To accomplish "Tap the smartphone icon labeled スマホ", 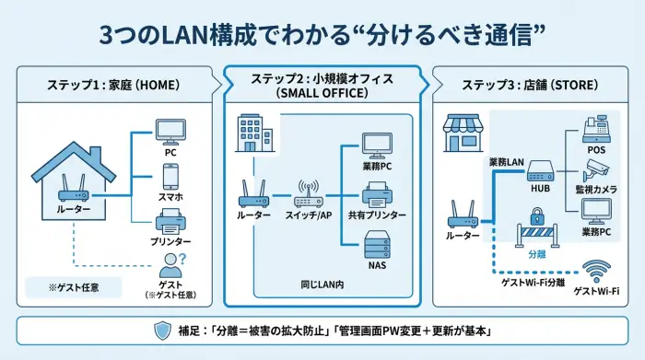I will tap(170, 175).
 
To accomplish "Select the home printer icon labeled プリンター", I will tap(170, 220).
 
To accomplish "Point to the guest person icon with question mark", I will tap(170, 266).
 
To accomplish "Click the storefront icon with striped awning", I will tap(462, 133).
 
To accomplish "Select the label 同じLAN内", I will tap(322, 285).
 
